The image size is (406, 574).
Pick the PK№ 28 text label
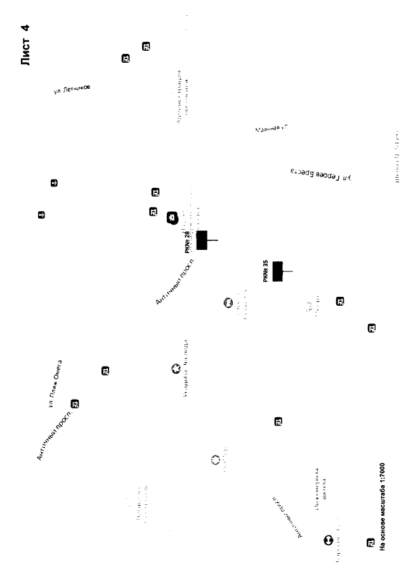click(188, 241)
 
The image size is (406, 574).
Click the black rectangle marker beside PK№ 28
click(202, 240)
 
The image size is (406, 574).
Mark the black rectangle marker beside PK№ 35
click(277, 271)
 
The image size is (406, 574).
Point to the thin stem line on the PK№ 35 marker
click(288, 271)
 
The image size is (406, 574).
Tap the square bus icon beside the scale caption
click(370, 544)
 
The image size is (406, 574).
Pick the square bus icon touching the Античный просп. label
click(75, 403)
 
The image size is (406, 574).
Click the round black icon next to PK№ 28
click(172, 218)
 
